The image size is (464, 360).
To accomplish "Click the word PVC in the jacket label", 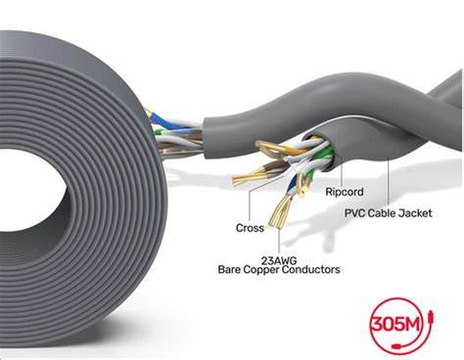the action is pos(355,211).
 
